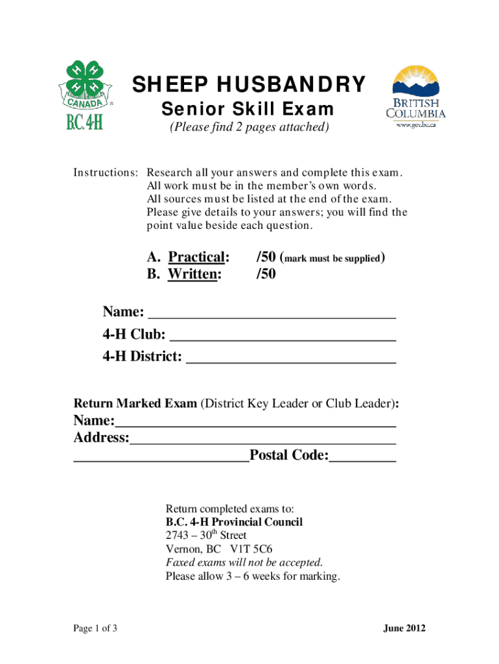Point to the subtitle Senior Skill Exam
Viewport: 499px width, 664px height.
[248, 108]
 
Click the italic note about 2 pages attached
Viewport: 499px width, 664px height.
[250, 127]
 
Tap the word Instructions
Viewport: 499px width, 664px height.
[105, 173]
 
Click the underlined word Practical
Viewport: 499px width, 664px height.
[198, 257]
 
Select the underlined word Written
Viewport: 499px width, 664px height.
[194, 274]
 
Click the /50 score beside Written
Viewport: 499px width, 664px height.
[266, 274]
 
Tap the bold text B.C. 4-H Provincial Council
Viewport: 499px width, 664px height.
[234, 522]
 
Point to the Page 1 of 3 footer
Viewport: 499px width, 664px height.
[95, 628]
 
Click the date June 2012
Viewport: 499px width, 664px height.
[404, 628]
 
